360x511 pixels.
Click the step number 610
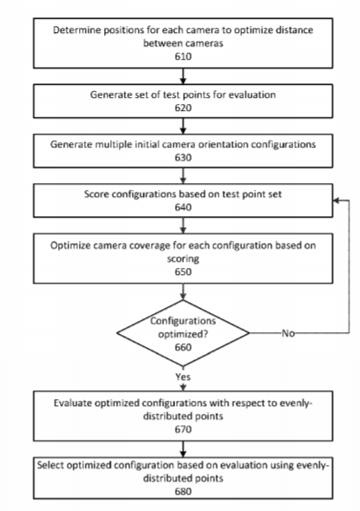(183, 56)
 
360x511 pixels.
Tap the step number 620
(183, 108)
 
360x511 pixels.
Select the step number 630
(183, 157)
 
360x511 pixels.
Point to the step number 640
(183, 207)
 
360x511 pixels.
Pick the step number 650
(183, 272)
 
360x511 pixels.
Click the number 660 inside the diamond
(183, 347)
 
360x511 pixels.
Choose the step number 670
(183, 429)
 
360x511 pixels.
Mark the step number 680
(183, 491)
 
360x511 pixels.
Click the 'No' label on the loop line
(288, 333)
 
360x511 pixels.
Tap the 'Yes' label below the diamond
(183, 377)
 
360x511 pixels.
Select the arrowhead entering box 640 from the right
(337, 200)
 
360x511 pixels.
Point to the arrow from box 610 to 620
(183, 76)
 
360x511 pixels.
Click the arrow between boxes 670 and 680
(183, 449)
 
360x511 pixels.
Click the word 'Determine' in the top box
(74, 30)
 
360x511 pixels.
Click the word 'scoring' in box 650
(183, 259)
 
